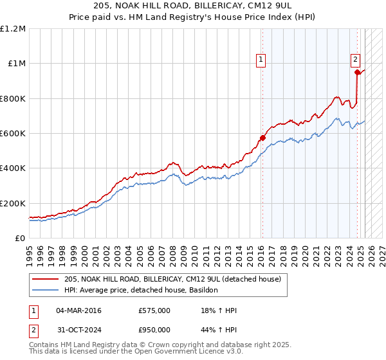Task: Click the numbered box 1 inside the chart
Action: [x=261, y=60]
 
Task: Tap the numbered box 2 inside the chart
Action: [x=355, y=60]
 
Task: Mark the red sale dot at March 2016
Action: [x=262, y=138]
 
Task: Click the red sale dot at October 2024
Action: [x=357, y=73]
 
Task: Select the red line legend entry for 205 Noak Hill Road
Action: [x=172, y=279]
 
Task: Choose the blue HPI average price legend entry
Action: [x=141, y=290]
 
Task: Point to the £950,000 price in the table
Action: [x=154, y=330]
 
